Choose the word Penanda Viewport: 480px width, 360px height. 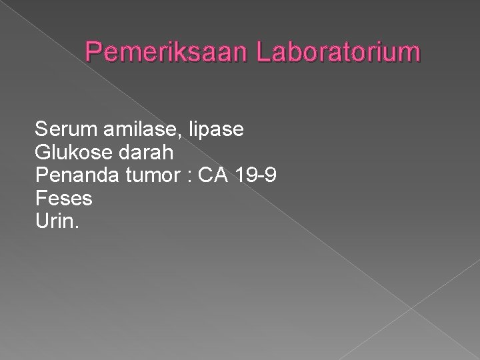(x=74, y=175)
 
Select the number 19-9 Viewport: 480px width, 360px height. (x=259, y=175)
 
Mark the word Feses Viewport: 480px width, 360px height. (x=63, y=199)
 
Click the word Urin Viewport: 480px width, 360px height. (x=55, y=221)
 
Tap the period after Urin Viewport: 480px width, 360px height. (x=77, y=227)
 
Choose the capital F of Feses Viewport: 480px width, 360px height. (x=41, y=199)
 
